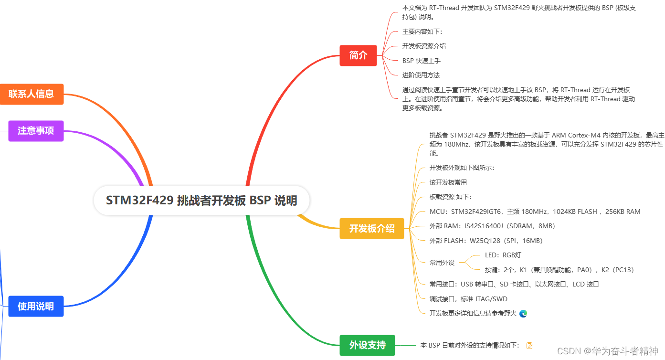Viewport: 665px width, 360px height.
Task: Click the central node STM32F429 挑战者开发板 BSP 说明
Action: (201, 200)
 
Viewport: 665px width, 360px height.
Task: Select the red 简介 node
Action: (358, 55)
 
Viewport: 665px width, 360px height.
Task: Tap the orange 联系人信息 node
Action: (32, 94)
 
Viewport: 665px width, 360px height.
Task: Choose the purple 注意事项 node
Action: (36, 130)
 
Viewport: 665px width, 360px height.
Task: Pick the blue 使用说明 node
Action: (36, 306)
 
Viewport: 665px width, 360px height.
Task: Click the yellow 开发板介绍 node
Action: (372, 228)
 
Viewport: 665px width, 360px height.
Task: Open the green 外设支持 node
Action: (367, 345)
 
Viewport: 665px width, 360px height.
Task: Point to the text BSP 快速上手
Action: (422, 61)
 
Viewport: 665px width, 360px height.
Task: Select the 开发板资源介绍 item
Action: (424, 46)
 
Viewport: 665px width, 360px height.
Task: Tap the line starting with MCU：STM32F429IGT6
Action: (535, 212)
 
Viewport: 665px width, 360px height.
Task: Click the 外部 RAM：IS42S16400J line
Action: (492, 226)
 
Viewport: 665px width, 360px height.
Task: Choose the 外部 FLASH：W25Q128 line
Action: (486, 241)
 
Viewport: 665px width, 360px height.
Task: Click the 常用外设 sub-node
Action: (442, 263)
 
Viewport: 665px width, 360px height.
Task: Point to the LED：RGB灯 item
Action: (503, 255)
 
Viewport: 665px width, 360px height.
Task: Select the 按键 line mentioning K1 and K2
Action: (559, 270)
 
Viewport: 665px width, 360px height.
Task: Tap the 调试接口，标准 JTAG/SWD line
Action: (468, 299)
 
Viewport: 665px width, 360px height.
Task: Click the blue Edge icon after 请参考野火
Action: (523, 314)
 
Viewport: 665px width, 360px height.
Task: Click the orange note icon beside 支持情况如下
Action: (529, 345)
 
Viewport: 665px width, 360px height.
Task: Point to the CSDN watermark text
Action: (607, 351)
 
